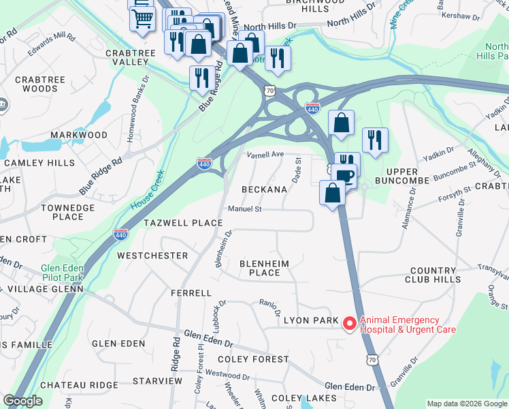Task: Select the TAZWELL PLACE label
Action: tap(183, 223)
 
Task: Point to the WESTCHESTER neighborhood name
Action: tap(152, 256)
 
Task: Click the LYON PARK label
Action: tap(310, 320)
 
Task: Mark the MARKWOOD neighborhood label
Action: tap(80, 135)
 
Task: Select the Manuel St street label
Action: tap(245, 209)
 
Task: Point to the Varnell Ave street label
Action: tap(265, 154)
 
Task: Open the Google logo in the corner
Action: tap(22, 401)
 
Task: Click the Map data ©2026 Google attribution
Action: tap(467, 404)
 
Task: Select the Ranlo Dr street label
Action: tap(270, 307)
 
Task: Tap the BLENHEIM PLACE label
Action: tap(264, 268)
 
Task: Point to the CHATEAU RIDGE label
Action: tap(79, 385)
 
